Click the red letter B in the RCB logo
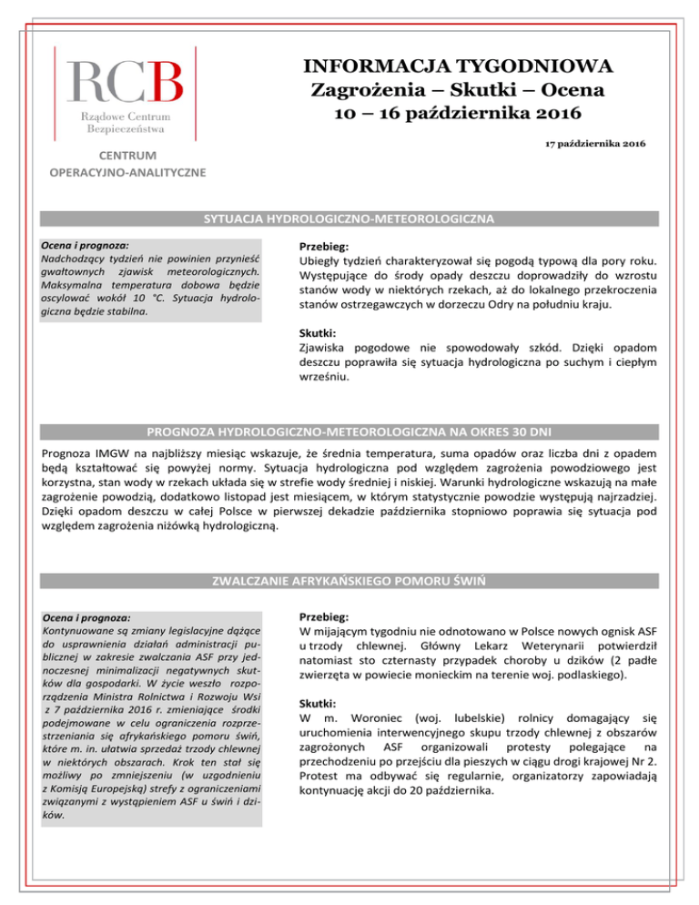point(164,82)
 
